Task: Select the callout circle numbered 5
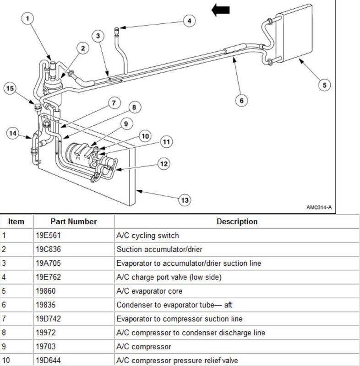click(324, 84)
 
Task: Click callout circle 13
click(185, 200)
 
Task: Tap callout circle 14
click(14, 133)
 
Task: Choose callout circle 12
click(164, 163)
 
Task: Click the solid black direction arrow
click(221, 10)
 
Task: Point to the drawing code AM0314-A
click(318, 207)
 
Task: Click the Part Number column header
click(73, 221)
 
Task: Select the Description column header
click(237, 221)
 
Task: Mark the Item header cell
click(16, 221)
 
